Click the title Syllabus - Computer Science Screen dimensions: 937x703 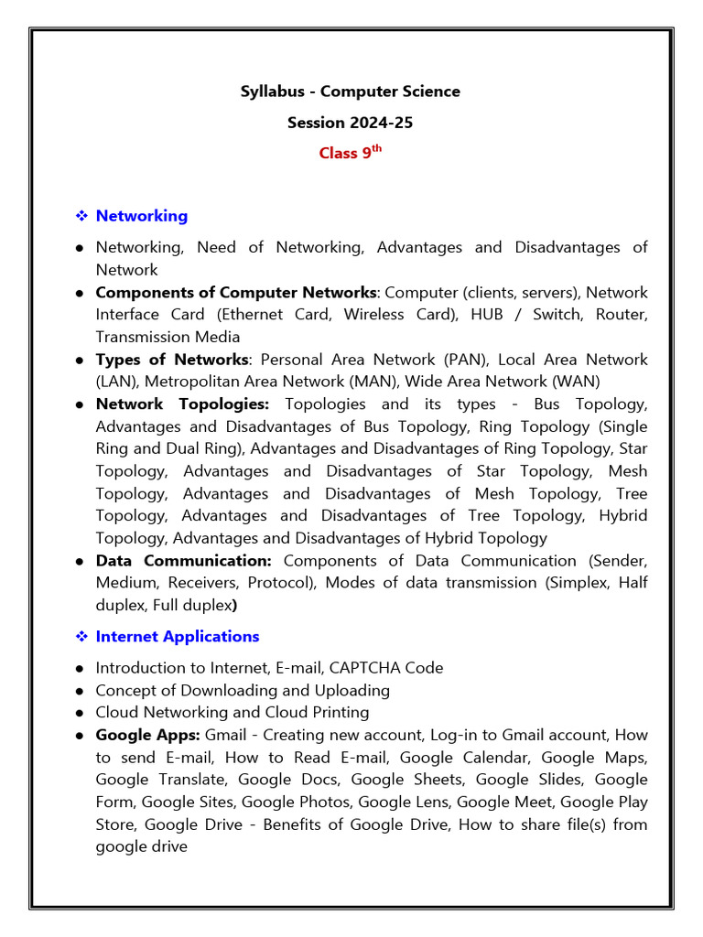click(351, 92)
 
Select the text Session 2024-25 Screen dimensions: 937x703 click(351, 123)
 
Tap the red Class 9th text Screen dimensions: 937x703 click(350, 153)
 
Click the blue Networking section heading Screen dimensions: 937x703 click(142, 216)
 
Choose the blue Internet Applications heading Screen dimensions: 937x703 click(178, 636)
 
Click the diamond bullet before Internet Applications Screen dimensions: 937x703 click(81, 637)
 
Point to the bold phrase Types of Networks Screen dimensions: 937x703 click(172, 360)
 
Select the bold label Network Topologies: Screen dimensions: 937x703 click(182, 404)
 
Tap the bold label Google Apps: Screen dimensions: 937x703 click(147, 735)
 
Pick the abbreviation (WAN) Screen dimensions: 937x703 click(576, 382)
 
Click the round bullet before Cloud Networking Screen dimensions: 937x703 click(81, 713)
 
